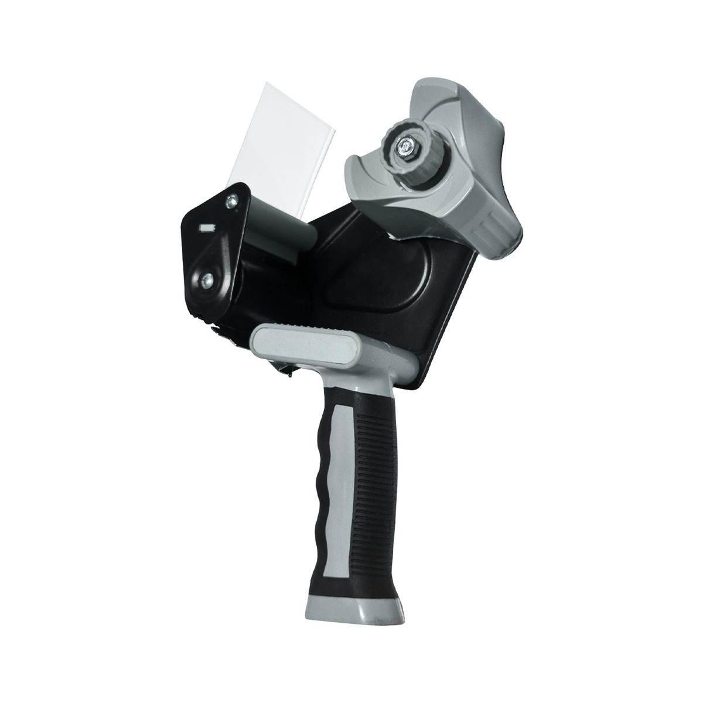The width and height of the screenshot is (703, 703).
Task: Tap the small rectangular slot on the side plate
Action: [x=207, y=226]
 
